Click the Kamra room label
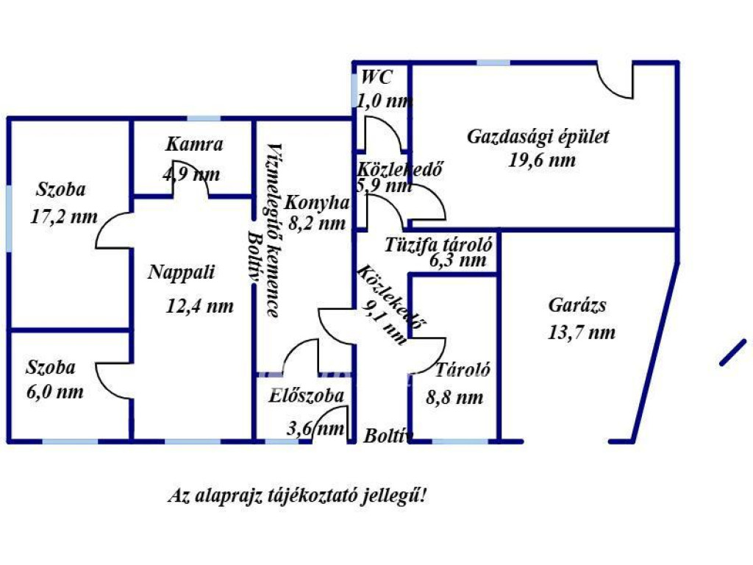[x=194, y=144]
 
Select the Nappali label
[x=181, y=272]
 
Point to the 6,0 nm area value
[x=55, y=391]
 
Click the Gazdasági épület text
[x=538, y=136]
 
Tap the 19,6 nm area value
[x=542, y=160]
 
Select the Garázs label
[x=577, y=305]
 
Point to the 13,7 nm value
[x=581, y=333]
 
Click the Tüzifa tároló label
[x=439, y=244]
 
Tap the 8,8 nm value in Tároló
[x=455, y=398]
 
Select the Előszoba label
[x=306, y=395]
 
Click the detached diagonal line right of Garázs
[x=732, y=352]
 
